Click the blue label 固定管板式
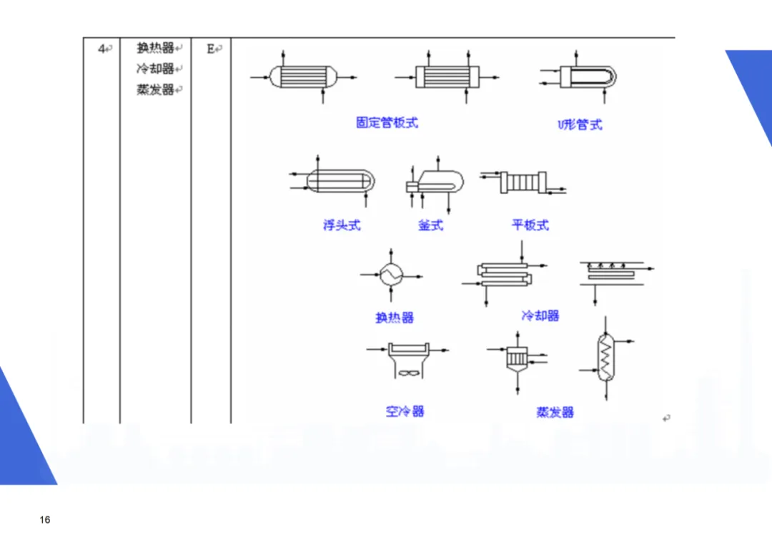point(387,122)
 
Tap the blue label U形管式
point(580,124)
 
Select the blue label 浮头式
point(342,225)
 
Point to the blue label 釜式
point(430,225)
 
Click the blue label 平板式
point(530,225)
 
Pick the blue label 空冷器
point(405,411)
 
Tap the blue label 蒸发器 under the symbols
point(555,412)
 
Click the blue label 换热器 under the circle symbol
point(395,318)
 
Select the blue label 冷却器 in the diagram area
point(540,315)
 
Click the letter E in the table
point(211,49)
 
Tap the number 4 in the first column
point(102,49)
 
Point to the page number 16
point(45,520)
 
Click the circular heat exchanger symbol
point(391,273)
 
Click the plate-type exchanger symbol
point(525,182)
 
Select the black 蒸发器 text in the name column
point(156,90)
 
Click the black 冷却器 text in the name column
point(156,69)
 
